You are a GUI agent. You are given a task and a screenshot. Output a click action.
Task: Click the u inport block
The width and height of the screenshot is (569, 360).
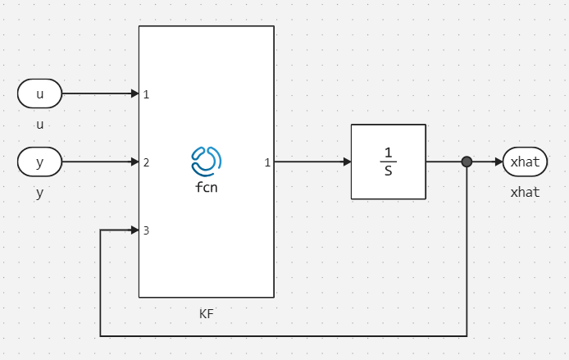click(39, 93)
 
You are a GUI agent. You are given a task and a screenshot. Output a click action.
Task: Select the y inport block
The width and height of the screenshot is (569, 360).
click(39, 162)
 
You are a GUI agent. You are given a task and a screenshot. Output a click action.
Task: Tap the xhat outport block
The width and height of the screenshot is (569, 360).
click(525, 162)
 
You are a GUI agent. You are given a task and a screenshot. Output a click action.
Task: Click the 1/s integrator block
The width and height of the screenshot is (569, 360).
click(388, 162)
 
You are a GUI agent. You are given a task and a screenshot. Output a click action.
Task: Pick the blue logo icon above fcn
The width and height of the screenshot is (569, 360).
click(206, 161)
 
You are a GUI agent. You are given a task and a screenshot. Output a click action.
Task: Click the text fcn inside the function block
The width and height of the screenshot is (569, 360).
click(206, 187)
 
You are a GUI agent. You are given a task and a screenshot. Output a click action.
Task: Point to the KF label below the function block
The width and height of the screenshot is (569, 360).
click(206, 313)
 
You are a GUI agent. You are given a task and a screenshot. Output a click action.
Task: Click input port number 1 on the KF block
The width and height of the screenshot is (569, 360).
click(146, 94)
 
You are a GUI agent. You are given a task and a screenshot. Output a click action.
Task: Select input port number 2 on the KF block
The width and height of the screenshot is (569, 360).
click(146, 162)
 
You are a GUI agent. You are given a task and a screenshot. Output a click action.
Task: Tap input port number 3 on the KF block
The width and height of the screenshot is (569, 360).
click(146, 230)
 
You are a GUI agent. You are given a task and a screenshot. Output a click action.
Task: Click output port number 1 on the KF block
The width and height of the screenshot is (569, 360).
click(267, 162)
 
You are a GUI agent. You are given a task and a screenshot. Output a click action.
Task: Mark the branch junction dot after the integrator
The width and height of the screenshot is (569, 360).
click(467, 162)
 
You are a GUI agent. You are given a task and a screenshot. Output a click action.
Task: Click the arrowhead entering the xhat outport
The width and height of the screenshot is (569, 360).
click(498, 162)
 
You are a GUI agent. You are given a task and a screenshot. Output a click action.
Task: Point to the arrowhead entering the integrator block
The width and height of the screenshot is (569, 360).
click(347, 162)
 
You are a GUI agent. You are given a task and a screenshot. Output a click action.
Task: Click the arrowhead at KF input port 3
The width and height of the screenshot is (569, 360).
click(134, 230)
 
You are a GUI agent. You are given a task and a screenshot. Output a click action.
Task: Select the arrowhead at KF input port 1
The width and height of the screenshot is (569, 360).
click(134, 93)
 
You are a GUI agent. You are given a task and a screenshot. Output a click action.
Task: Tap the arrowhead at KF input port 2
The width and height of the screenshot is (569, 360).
click(134, 162)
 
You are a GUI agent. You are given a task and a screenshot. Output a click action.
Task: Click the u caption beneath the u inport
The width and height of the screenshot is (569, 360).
click(39, 125)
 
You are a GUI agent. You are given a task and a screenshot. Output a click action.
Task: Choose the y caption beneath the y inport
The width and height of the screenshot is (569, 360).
click(39, 194)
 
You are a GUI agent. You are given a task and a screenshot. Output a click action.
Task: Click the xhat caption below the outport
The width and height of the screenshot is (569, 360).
click(525, 193)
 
